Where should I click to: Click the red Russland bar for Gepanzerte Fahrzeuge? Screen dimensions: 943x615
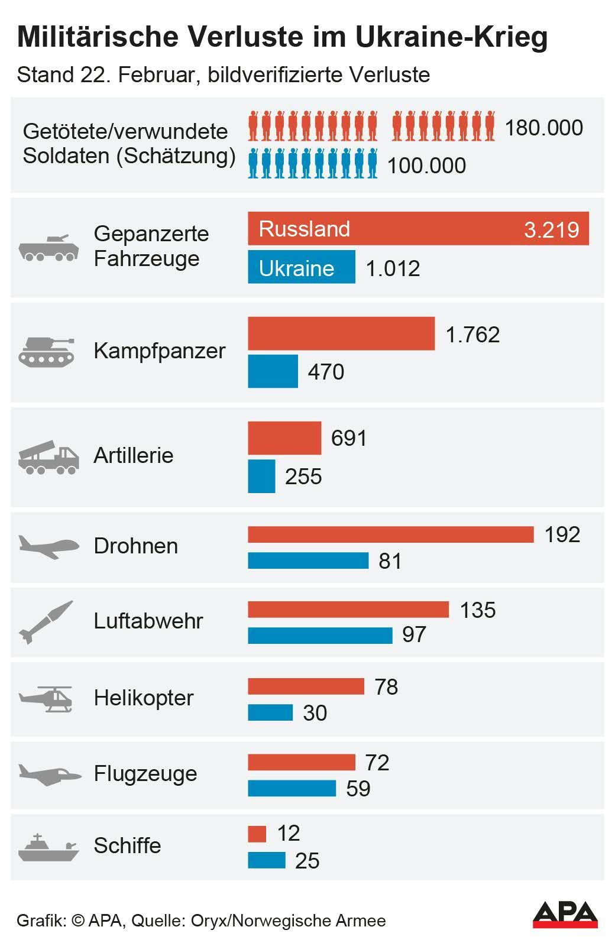coord(418,228)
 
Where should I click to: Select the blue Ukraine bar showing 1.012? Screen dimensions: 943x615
coord(301,267)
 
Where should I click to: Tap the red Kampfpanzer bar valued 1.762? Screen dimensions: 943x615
coord(341,334)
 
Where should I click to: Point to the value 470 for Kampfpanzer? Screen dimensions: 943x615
coord(326,372)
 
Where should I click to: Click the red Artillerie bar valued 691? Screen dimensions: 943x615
coord(284,438)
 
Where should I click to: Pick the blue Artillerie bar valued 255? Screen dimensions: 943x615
coord(261,476)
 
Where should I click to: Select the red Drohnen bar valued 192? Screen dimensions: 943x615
coord(390,534)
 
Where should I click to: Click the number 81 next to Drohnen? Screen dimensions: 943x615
coord(390,561)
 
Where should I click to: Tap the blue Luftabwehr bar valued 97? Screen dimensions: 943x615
coord(320,636)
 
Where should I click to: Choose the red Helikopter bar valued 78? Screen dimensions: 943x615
coord(306,686)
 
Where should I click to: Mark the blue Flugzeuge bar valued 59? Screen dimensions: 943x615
coord(292,788)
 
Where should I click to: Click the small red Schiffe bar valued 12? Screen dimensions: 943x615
coord(257,834)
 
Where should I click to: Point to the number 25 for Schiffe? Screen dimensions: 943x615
coord(307,861)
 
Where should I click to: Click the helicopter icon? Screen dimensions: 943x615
coord(47,699)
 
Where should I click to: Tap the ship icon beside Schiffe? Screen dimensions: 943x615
coord(48,847)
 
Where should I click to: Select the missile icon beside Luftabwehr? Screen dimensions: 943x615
coord(46,622)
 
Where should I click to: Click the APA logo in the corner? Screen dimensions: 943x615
coord(565,915)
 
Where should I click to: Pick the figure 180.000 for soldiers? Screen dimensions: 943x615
coord(543,128)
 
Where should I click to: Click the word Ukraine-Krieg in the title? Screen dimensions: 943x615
coord(452,37)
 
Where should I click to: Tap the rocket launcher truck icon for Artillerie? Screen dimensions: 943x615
coord(48,456)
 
